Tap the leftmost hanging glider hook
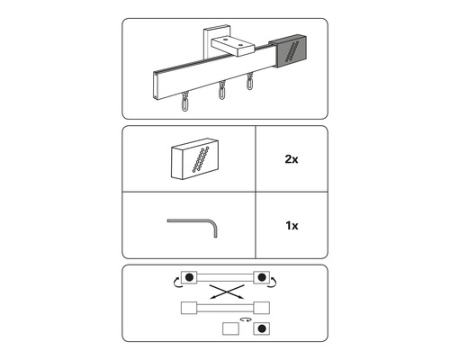pos(185,102)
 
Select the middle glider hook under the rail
pos(221,90)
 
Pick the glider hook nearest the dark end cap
pos(249,81)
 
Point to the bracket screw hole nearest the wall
pos(225,39)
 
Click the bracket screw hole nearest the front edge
pos(240,46)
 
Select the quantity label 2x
pos(292,159)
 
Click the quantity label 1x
pos(292,225)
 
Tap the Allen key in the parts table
pos(210,222)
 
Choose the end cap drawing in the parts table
pos(194,158)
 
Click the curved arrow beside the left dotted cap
pos(176,283)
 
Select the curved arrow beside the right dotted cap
pos(273,283)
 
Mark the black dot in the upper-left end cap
pos(189,277)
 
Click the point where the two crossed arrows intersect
pos(226,292)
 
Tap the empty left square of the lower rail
pos(189,308)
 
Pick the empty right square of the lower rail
pos(262,308)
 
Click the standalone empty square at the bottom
pos(230,328)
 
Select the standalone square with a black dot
pos(262,328)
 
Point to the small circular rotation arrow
pos(247,319)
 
